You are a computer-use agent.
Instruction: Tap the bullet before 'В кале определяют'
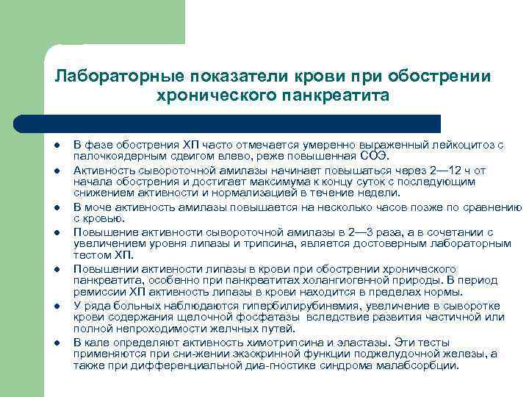click(x=57, y=343)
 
